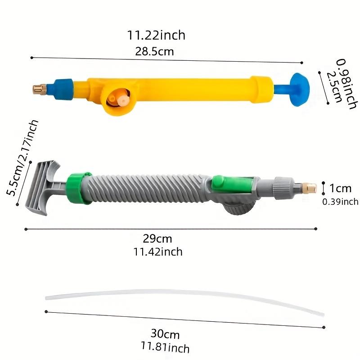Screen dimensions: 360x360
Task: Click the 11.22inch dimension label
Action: point(156,35)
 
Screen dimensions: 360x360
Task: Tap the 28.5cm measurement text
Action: point(154,51)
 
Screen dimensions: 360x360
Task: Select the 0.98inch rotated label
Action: point(346,84)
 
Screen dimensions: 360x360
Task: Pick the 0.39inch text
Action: point(340,202)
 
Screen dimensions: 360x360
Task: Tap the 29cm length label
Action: point(157,239)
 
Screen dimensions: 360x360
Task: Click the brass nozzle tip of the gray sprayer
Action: point(309,186)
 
